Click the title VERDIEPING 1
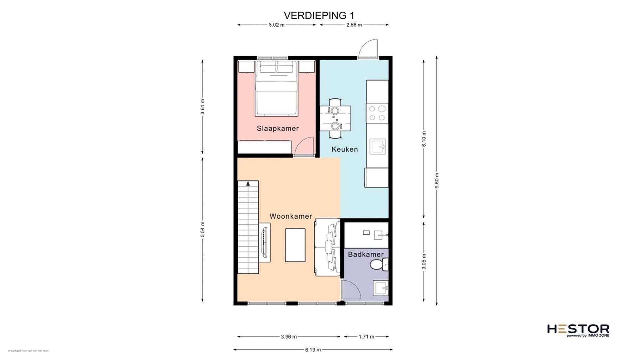click(319, 16)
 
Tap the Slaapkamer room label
click(278, 129)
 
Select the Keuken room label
click(345, 149)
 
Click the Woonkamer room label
click(291, 216)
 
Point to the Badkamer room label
click(366, 254)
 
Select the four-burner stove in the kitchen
click(377, 113)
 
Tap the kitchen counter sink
click(378, 146)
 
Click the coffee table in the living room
click(295, 245)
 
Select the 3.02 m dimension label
click(277, 25)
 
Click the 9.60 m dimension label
click(437, 180)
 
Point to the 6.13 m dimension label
click(313, 350)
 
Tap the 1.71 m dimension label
click(366, 337)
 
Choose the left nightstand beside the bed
click(246, 67)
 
